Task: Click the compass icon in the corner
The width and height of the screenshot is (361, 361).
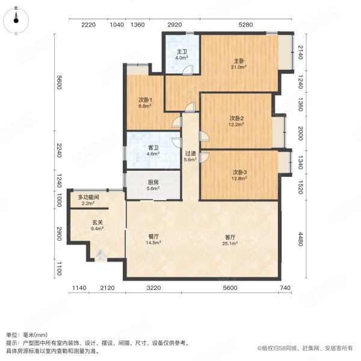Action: (16, 20)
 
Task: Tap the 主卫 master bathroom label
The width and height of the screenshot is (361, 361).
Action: (180, 55)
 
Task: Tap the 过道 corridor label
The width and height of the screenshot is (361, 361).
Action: (191, 156)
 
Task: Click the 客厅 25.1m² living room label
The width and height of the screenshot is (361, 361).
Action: (229, 239)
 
